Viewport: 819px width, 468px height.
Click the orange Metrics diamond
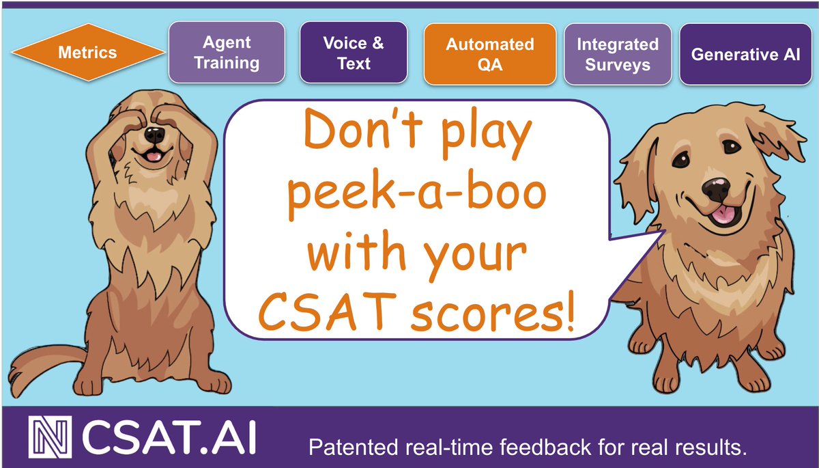coord(87,53)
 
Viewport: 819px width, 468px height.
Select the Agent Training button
coord(227,53)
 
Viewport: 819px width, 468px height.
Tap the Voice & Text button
coord(354,53)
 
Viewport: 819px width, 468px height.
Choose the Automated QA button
coord(489,53)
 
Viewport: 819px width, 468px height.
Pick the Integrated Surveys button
coord(617,53)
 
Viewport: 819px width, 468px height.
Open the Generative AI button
coord(745,53)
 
